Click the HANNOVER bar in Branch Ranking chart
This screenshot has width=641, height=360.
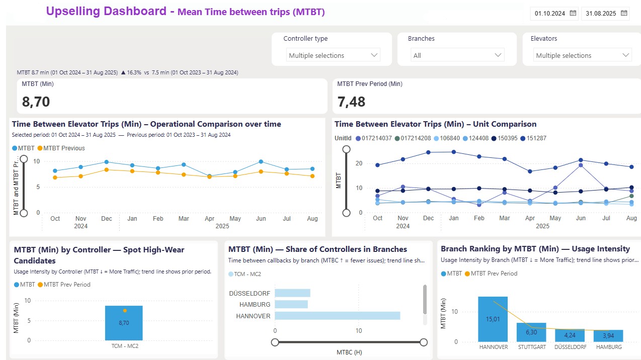pyautogui.click(x=493, y=319)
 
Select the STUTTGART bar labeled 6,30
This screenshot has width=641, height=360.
pyautogui.click(x=531, y=332)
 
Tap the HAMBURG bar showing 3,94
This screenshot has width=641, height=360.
pyautogui.click(x=608, y=336)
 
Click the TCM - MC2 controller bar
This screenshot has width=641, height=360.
pyautogui.click(x=124, y=323)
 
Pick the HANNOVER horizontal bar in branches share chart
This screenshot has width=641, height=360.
pyautogui.click(x=337, y=316)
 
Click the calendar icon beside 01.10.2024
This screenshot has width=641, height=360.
pyautogui.click(x=573, y=14)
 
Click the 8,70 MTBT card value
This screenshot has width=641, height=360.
pyautogui.click(x=36, y=102)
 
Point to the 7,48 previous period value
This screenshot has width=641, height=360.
pyautogui.click(x=351, y=102)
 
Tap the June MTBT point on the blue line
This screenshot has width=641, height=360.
pyautogui.click(x=261, y=161)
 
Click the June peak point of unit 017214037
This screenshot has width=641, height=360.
pyautogui.click(x=581, y=165)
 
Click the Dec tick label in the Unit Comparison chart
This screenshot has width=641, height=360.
pyautogui.click(x=428, y=218)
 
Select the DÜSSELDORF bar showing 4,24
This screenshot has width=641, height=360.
pyautogui.click(x=570, y=335)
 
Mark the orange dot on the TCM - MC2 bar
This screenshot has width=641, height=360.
pyautogui.click(x=125, y=311)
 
